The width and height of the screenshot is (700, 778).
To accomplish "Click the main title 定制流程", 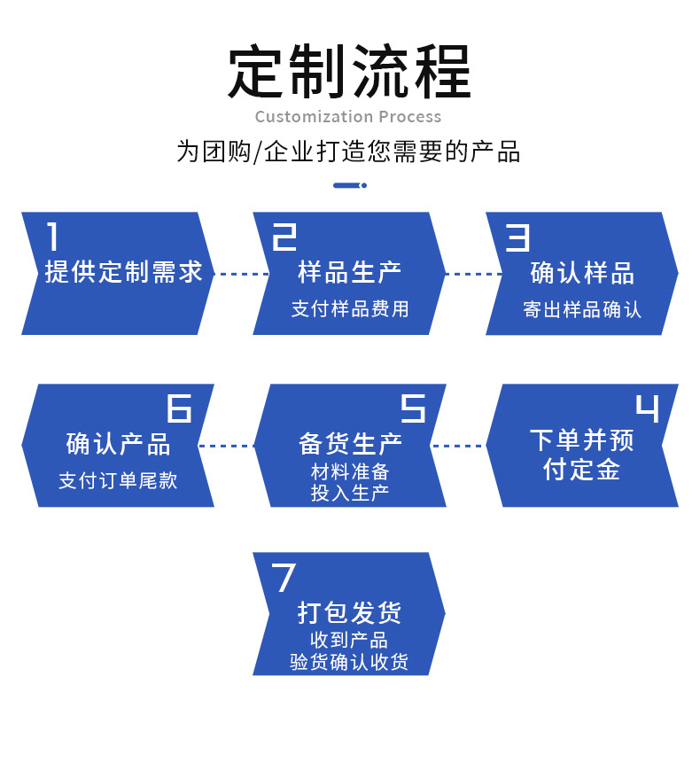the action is click(x=349, y=71).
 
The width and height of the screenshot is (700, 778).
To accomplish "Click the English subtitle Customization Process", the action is click(x=348, y=117).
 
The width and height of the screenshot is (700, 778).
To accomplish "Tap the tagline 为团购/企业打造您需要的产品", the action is click(x=349, y=152).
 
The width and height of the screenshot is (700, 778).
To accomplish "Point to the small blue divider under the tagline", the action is click(x=350, y=185).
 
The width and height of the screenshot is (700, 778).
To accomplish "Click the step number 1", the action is click(x=52, y=237).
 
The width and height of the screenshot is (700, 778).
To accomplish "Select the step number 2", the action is click(x=284, y=237).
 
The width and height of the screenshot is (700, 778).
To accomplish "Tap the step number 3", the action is click(x=517, y=237).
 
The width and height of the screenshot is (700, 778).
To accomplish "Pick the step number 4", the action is click(x=648, y=408).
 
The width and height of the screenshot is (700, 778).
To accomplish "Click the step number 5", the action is click(x=413, y=408).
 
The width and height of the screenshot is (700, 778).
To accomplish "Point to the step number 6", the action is click(x=179, y=408).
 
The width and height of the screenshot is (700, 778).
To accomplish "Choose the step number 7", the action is click(x=284, y=578).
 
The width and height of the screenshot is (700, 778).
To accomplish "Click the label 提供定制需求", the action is click(x=123, y=272).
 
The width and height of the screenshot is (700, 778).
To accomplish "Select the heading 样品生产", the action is click(x=349, y=272).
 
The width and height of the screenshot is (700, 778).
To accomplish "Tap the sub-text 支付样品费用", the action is click(x=350, y=309).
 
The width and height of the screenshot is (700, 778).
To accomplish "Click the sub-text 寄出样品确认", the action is click(x=582, y=309).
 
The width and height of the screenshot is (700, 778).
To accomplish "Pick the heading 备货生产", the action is click(x=350, y=444).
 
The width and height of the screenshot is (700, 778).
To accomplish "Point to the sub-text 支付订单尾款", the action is click(x=118, y=480).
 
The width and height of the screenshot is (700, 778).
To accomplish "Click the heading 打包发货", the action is click(x=349, y=612).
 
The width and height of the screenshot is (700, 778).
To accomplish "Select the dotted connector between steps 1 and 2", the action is click(x=242, y=274).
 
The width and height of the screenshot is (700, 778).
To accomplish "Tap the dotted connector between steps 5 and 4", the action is click(x=457, y=446).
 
